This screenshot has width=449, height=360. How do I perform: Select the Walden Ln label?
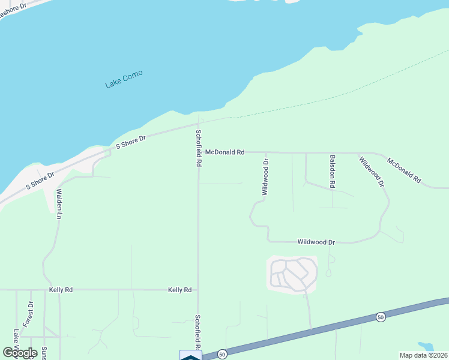[x=59, y=203]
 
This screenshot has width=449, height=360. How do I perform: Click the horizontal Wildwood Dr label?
[x=316, y=242]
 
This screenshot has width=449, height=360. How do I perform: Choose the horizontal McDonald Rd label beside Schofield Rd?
[x=224, y=152]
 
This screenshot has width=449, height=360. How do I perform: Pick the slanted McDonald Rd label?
[x=405, y=170]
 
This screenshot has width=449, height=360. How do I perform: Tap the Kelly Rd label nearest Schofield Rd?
[x=179, y=290]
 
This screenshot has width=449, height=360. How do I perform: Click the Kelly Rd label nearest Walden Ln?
[x=61, y=290]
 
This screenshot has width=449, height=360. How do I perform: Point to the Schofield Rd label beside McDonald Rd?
[x=198, y=147]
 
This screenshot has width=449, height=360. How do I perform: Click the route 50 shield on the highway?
[x=380, y=316]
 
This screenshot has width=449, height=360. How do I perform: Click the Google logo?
[x=20, y=353]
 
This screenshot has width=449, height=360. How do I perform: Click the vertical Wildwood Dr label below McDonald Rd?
[x=265, y=178]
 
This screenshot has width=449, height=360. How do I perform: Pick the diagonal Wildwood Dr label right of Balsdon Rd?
[x=371, y=172]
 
